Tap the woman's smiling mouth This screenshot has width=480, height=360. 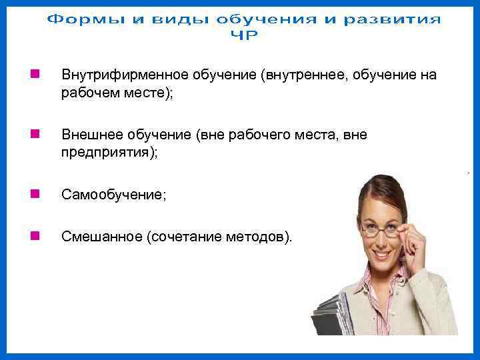(383, 255)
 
